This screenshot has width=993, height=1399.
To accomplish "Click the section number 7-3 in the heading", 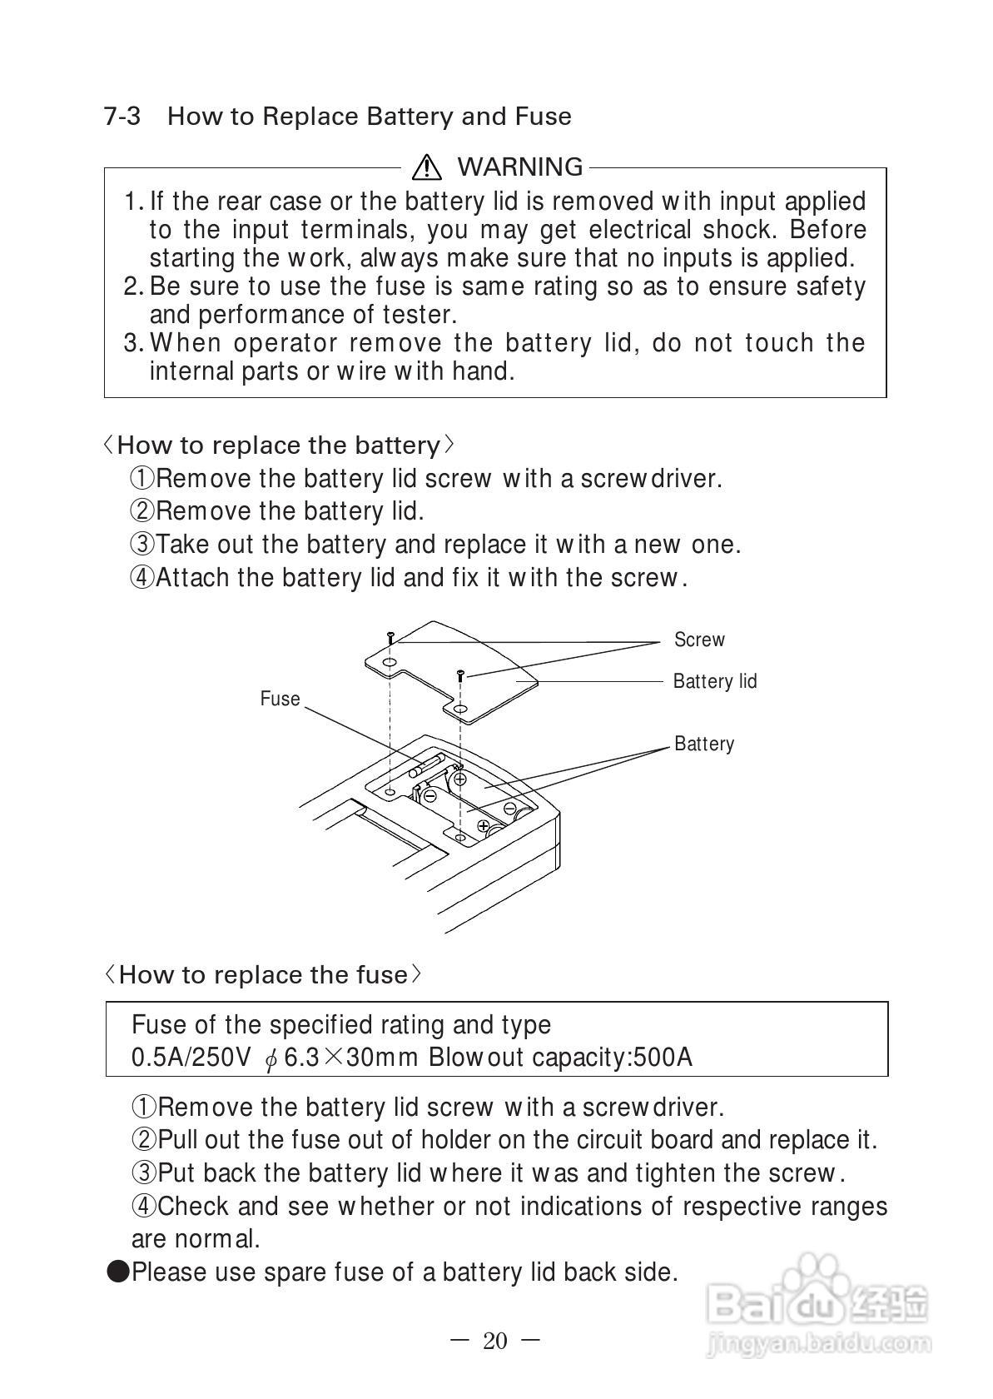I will (x=122, y=117).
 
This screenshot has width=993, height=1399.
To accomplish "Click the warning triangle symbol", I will (x=426, y=168).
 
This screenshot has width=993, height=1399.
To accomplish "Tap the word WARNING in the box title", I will (x=519, y=167).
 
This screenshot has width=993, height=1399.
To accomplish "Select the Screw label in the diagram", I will (x=699, y=640).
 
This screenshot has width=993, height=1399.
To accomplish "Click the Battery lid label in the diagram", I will (x=714, y=681).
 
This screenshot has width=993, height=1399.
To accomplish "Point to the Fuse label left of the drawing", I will (x=280, y=699).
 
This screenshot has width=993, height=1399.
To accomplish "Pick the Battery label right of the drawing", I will (x=704, y=744).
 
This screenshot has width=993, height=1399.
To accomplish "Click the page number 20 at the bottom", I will (x=494, y=1342).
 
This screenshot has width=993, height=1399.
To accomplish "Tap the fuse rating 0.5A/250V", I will (x=191, y=1058).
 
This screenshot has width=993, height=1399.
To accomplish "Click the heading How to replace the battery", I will (x=278, y=446).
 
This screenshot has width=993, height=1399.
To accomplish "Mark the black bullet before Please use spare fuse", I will (x=118, y=1272).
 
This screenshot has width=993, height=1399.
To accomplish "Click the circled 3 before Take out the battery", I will (x=142, y=545).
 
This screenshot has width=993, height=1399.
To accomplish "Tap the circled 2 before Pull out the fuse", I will (x=144, y=1140).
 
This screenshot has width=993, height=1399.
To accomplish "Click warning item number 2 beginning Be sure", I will (x=133, y=286).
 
